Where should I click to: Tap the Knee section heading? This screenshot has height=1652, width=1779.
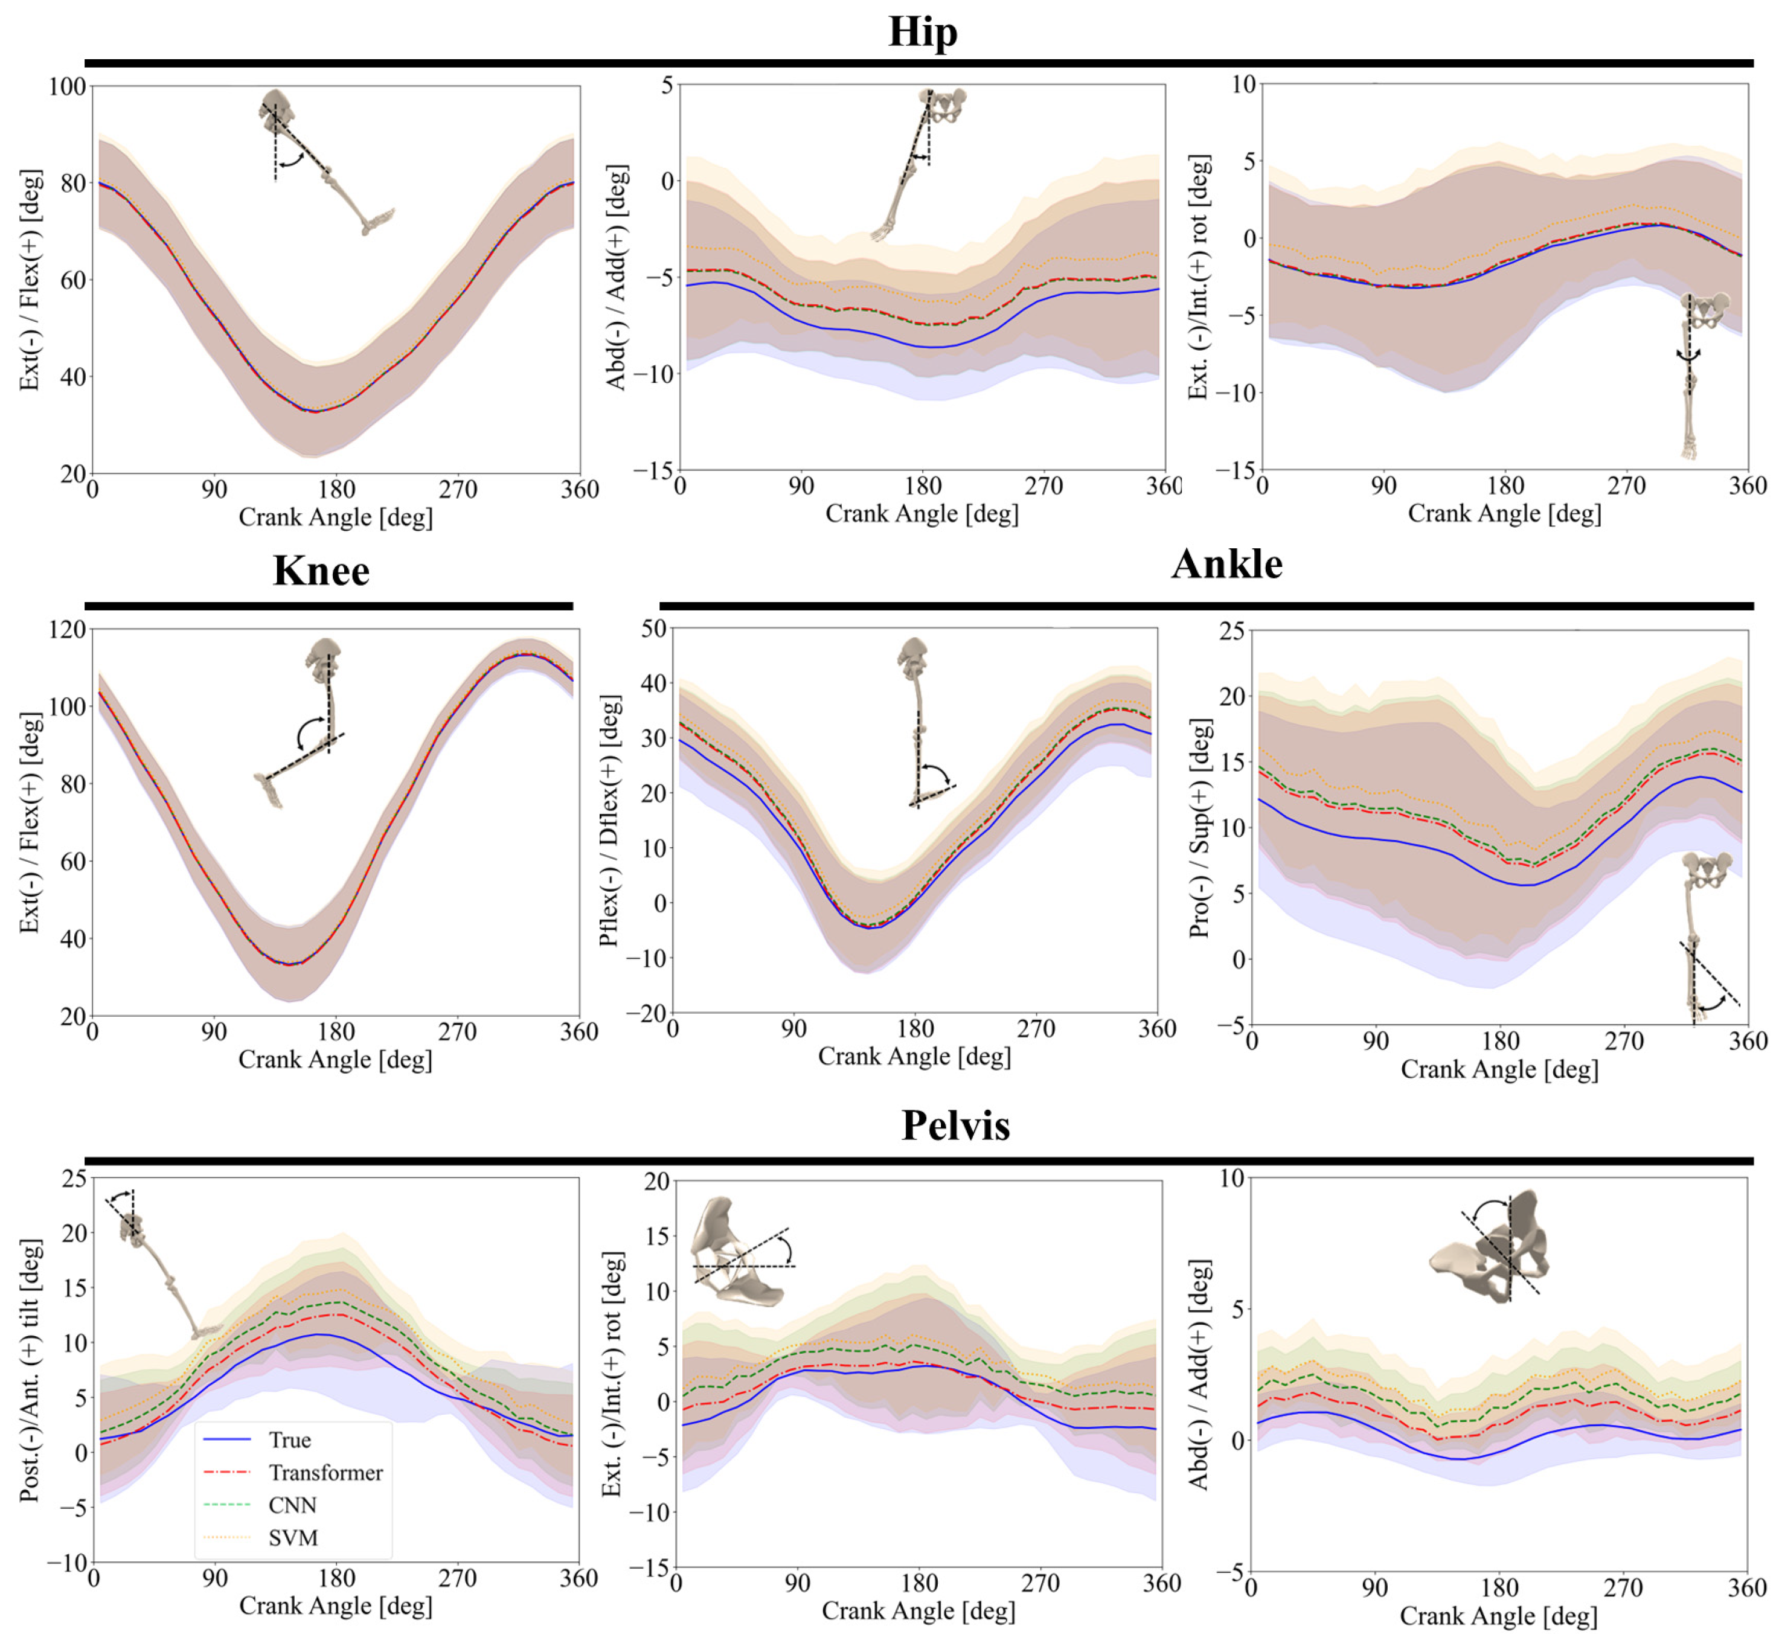coord(321,571)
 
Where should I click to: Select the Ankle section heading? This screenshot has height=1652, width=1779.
coord(1226,563)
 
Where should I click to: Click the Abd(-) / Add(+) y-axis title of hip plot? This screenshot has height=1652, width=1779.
coord(616,277)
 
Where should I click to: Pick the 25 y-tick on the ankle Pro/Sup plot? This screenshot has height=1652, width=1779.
coord(1232,631)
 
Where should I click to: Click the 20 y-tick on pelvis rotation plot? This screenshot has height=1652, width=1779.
coord(657,1182)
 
